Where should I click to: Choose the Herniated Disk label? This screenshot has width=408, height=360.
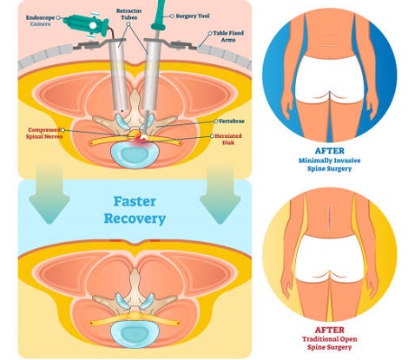pyautogui.click(x=227, y=140)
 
